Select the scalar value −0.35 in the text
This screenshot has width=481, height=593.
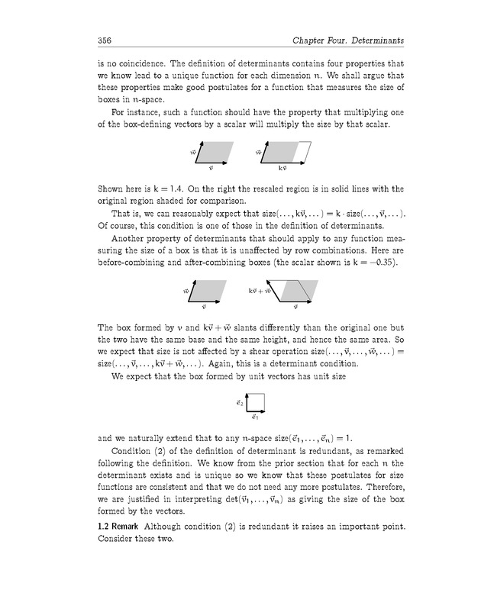(x=370, y=263)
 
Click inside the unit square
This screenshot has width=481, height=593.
(x=257, y=402)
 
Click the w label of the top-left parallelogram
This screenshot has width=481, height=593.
(x=194, y=153)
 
